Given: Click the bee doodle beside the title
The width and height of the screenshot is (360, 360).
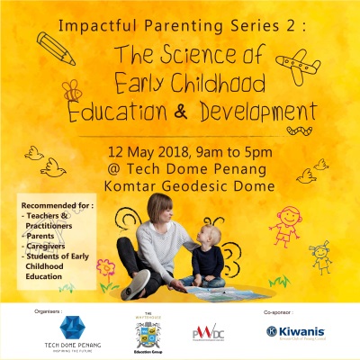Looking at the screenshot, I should click(x=70, y=91).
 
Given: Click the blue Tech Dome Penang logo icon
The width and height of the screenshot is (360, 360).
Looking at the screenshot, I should click(x=71, y=326).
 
